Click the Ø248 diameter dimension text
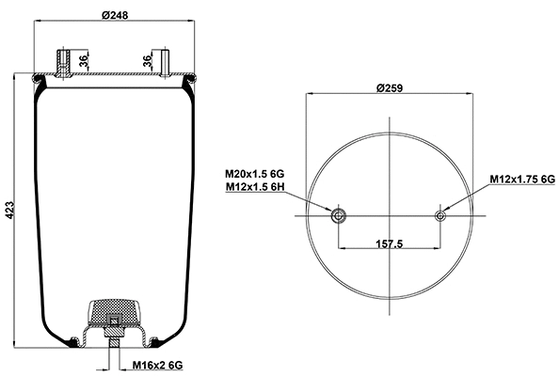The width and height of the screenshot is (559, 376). (x=114, y=13)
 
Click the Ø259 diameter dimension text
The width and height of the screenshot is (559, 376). (x=390, y=87)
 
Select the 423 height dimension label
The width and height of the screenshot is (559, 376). (x=10, y=212)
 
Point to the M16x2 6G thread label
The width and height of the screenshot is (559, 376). (x=155, y=364)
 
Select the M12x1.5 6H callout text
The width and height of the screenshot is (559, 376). (x=254, y=187)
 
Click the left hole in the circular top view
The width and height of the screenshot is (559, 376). (x=338, y=216)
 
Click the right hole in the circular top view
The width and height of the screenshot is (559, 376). (x=439, y=216)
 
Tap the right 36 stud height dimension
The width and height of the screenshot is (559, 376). (x=148, y=62)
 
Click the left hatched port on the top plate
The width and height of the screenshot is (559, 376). (x=62, y=64)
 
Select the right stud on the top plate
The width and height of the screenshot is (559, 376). (x=164, y=62)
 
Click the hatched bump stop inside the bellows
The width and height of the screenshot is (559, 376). (x=114, y=311)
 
